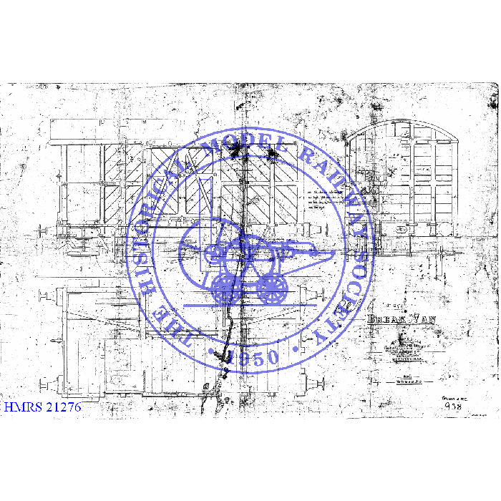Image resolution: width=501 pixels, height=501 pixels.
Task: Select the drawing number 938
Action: pyautogui.click(x=452, y=406)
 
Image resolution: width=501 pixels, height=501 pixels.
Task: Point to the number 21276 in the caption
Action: pyautogui.click(x=62, y=407)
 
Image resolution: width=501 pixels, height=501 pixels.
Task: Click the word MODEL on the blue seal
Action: pyautogui.click(x=236, y=147)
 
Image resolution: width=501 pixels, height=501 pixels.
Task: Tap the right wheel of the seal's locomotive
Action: pyautogui.click(x=273, y=288)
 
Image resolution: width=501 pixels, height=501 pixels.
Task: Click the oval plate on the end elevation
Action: pyautogui.click(x=402, y=230)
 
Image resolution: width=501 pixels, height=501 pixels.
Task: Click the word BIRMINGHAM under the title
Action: pyautogui.click(x=407, y=361)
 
